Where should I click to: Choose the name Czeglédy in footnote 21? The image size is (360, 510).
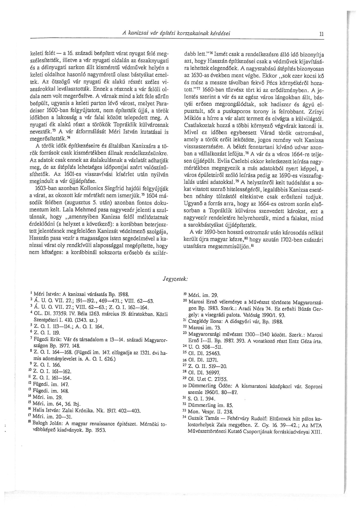[199, 322]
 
